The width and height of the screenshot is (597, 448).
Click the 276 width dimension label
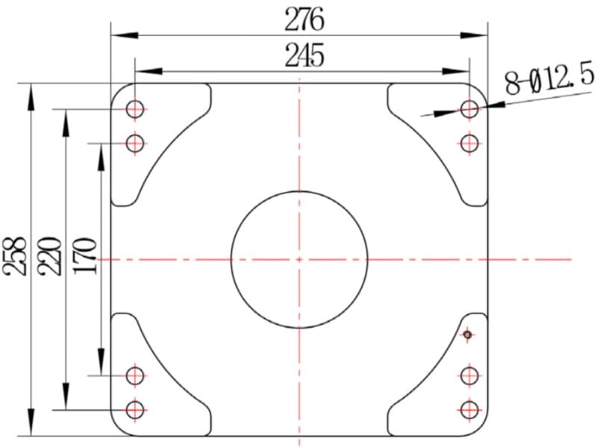tap(304, 20)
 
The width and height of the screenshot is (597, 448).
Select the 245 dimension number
tap(304, 55)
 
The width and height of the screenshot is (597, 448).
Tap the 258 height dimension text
tap(15, 256)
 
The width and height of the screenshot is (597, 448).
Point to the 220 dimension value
tap(49, 256)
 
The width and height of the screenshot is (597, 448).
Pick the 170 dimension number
tap(84, 256)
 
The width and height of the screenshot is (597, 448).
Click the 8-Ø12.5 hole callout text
tap(549, 79)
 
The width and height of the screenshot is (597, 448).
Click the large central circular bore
tap(231, 259)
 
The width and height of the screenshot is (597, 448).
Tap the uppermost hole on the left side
tap(135, 100)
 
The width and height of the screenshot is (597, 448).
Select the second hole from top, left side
tap(135, 134)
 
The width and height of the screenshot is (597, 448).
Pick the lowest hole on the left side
tap(135, 401)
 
